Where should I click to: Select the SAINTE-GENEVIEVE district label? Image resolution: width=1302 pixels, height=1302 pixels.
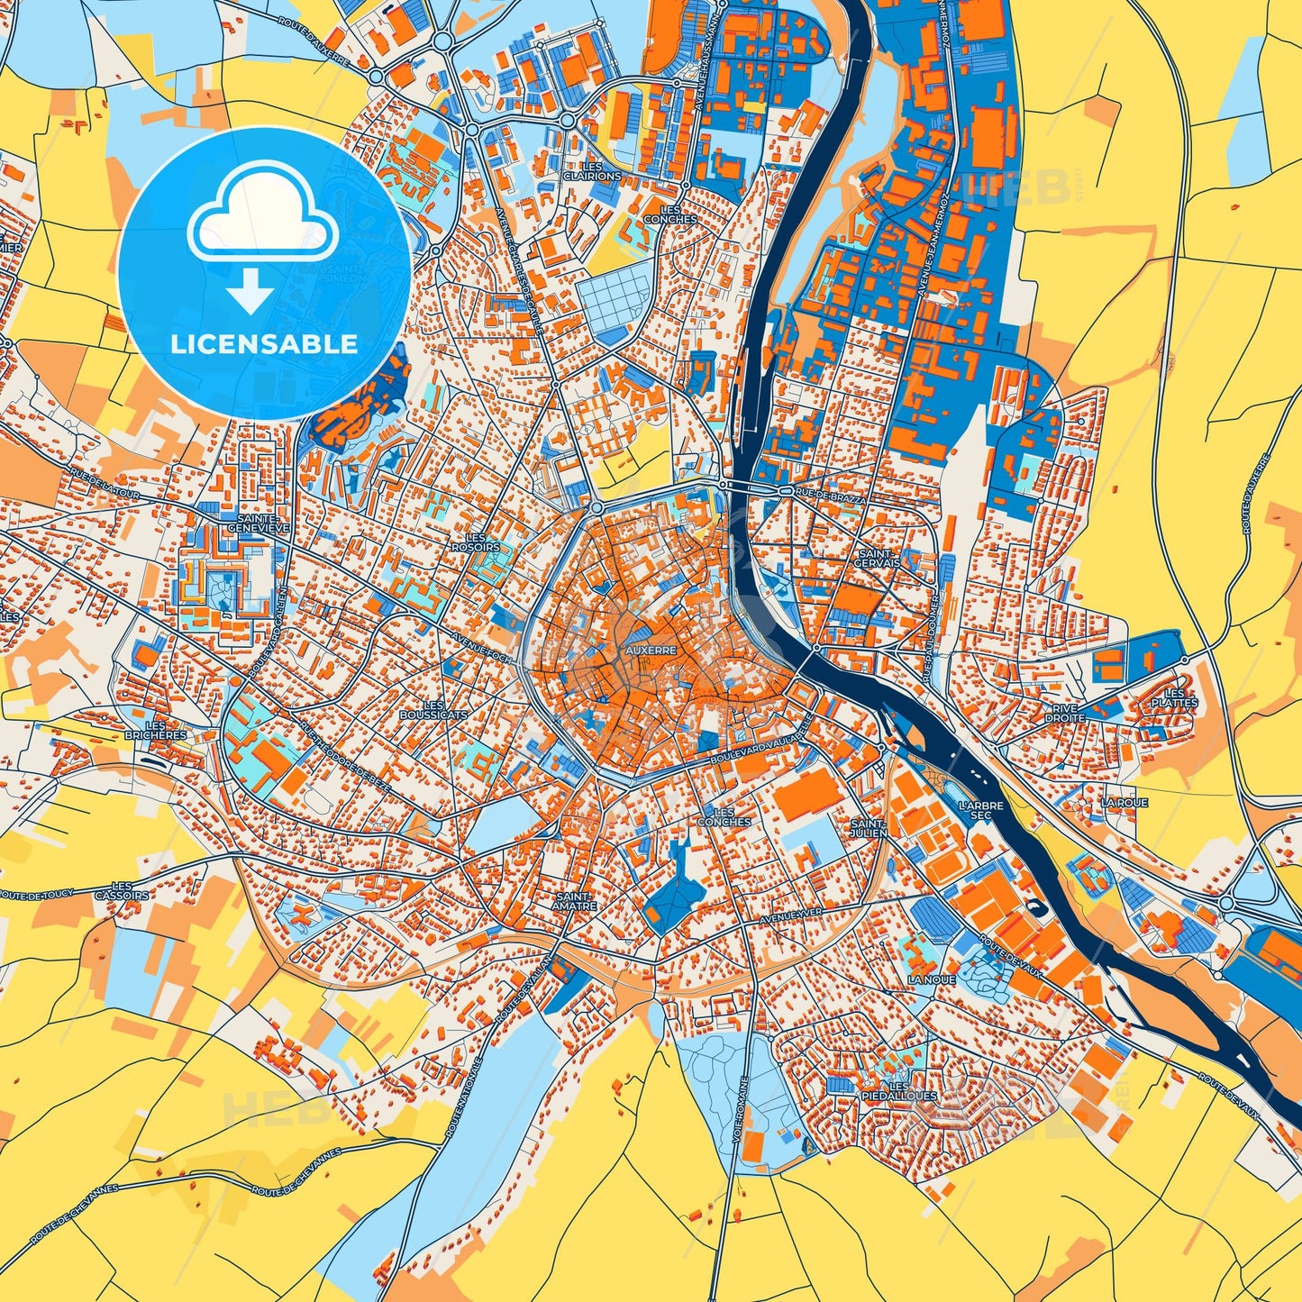(259, 523)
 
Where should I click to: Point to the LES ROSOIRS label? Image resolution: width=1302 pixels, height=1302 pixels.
(475, 542)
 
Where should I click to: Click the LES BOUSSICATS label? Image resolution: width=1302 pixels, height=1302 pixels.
(433, 710)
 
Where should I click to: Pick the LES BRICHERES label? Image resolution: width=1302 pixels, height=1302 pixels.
(156, 730)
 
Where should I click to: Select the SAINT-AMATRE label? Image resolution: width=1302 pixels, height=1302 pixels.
(576, 901)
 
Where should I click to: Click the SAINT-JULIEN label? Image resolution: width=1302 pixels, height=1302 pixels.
(870, 827)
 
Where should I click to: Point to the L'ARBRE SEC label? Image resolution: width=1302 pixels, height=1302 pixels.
(980, 809)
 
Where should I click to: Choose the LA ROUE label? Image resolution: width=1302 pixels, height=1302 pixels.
(1124, 802)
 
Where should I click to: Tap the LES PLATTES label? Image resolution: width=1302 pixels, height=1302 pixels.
(1174, 697)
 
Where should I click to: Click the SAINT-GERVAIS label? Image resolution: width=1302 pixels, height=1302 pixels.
(879, 558)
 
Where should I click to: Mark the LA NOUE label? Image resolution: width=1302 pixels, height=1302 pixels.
(931, 979)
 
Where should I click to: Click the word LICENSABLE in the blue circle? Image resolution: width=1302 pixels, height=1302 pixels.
(264, 344)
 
